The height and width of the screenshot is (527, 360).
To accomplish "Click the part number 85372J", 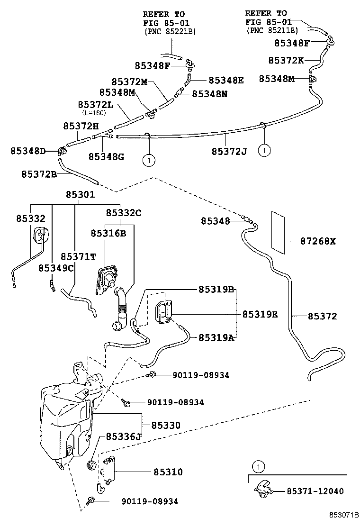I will [229, 151].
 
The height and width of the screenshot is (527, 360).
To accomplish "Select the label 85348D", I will [28, 151].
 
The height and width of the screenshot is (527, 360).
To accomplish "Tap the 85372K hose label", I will [286, 60].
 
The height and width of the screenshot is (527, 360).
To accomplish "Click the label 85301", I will [80, 195].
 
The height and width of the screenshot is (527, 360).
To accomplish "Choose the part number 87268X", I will [318, 241].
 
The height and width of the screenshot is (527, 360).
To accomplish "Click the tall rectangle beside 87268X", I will [278, 230].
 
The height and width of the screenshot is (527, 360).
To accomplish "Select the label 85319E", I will [260, 314].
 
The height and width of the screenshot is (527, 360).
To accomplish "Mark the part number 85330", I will [166, 426].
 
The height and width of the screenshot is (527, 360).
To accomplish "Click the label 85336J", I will [124, 436].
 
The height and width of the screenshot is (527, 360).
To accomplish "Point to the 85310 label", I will [168, 472].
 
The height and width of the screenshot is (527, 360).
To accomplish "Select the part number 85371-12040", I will [315, 491].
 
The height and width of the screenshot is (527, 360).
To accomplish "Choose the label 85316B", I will [108, 233].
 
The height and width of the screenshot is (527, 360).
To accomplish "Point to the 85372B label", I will [39, 174].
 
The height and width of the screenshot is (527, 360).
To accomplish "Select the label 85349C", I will [56, 268].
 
